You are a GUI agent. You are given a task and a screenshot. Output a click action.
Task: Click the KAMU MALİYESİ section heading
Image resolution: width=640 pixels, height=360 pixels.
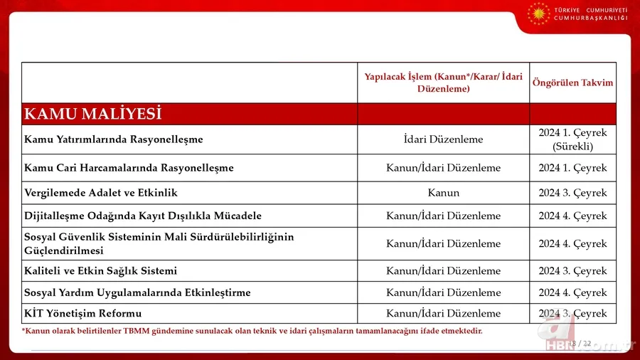point(93,114)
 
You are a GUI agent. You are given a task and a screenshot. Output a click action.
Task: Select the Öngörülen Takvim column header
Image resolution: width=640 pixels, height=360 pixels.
point(572,83)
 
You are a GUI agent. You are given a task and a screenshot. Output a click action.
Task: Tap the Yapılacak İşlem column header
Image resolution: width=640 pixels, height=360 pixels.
point(443,83)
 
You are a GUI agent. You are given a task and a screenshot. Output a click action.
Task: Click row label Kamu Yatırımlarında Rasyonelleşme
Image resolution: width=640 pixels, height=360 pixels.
point(114,139)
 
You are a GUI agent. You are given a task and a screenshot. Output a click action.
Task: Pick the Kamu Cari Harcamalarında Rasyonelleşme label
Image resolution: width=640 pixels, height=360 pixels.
point(129,168)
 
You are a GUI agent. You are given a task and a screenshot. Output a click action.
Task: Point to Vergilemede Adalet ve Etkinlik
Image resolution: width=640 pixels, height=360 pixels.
point(101,193)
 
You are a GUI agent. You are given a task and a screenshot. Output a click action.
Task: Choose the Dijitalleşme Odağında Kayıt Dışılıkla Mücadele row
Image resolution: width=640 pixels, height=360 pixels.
point(143,216)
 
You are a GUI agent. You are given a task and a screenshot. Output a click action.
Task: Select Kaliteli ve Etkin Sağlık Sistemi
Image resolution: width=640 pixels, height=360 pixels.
point(101,271)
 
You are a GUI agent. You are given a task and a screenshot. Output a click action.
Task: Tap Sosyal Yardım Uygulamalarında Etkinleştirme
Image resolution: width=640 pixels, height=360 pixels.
point(137,292)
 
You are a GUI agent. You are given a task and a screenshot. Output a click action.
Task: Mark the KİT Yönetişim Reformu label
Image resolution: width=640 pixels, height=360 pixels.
point(83,314)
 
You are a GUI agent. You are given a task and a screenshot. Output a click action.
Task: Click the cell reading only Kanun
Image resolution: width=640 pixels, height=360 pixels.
point(443,193)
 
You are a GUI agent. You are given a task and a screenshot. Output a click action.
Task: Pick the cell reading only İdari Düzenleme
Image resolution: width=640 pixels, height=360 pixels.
point(443,139)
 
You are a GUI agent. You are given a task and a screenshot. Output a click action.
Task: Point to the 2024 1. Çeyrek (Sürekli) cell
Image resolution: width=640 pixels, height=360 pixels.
point(572,139)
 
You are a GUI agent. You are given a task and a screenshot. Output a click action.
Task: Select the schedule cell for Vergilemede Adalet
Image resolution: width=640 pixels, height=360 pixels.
point(572,193)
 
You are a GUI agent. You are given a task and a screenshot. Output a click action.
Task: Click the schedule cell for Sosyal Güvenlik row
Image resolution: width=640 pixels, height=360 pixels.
point(572,243)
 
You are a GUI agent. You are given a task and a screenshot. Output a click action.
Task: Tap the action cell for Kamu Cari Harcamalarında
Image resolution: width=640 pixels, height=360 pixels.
point(443,168)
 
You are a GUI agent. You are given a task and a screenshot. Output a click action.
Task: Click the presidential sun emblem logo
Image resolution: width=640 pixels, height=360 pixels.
point(538,13)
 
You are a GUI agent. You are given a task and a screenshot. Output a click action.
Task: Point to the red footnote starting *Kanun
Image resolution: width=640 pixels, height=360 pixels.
point(252,331)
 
